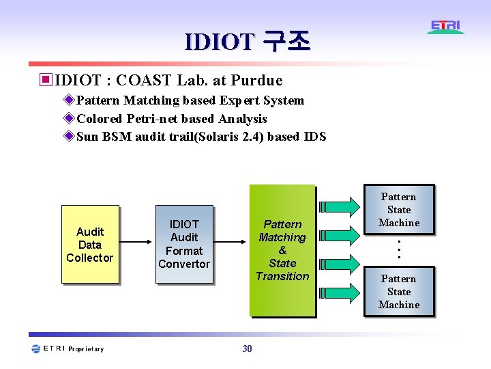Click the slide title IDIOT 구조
coord(247,42)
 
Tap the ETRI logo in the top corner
coord(446,27)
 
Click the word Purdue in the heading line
coord(256,80)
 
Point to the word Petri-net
coord(153,119)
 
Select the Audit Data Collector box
coord(90,245)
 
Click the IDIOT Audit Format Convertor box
coord(184,245)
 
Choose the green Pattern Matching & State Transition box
coord(282,250)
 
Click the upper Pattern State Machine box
coord(399,210)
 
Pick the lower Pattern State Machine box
coord(399,292)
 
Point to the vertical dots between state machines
coord(399,249)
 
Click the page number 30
coord(247,349)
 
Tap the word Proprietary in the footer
coord(87,349)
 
